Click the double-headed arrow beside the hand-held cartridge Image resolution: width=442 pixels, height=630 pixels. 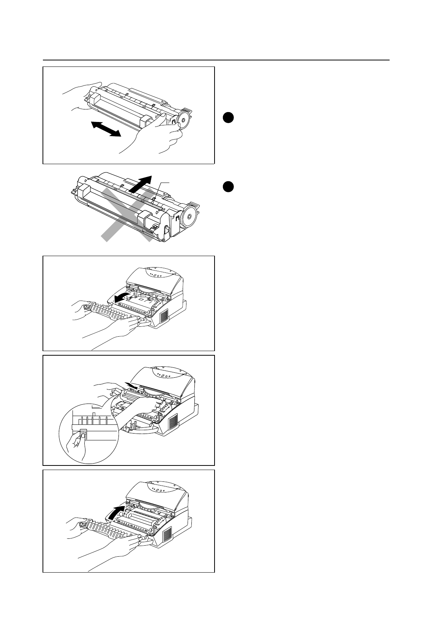click(106, 129)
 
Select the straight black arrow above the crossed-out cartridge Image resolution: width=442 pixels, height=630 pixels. click(140, 183)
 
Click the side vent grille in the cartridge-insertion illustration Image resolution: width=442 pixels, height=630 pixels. click(173, 421)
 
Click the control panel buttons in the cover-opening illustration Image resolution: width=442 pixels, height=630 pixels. click(156, 275)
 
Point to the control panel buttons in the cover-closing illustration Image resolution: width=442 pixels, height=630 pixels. click(157, 490)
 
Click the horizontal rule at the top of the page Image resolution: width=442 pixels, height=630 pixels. click(216, 60)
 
